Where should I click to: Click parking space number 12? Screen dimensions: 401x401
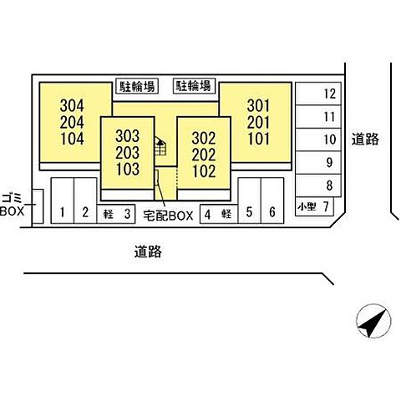[x=318, y=94]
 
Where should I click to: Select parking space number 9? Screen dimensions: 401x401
[x=318, y=163]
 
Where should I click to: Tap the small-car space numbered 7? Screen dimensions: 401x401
[x=314, y=206]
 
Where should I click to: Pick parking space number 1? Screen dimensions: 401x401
[x=63, y=200]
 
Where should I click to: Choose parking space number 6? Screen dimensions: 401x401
[x=272, y=200]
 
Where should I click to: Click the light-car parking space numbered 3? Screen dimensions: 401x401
[x=116, y=214]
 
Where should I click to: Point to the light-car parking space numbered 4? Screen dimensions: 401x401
[x=219, y=214]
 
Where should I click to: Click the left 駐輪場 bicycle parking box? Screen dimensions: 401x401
[x=137, y=86]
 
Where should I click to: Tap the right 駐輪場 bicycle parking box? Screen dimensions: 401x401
[x=195, y=86]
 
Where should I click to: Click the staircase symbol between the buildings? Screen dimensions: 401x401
[x=160, y=146]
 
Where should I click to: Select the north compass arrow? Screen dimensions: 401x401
[x=373, y=321]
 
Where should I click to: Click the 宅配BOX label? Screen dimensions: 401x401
[x=168, y=216]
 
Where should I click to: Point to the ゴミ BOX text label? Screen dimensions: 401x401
[x=12, y=205]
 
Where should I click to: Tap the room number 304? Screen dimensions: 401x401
[x=72, y=106]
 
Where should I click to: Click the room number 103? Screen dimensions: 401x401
[x=128, y=169]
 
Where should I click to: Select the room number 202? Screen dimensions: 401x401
[x=204, y=155]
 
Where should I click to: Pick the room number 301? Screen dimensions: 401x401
[x=258, y=106]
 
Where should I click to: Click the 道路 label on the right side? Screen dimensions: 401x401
[x=365, y=139]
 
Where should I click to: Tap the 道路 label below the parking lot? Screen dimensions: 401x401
[x=148, y=251]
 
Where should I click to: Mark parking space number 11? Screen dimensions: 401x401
[x=318, y=117]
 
